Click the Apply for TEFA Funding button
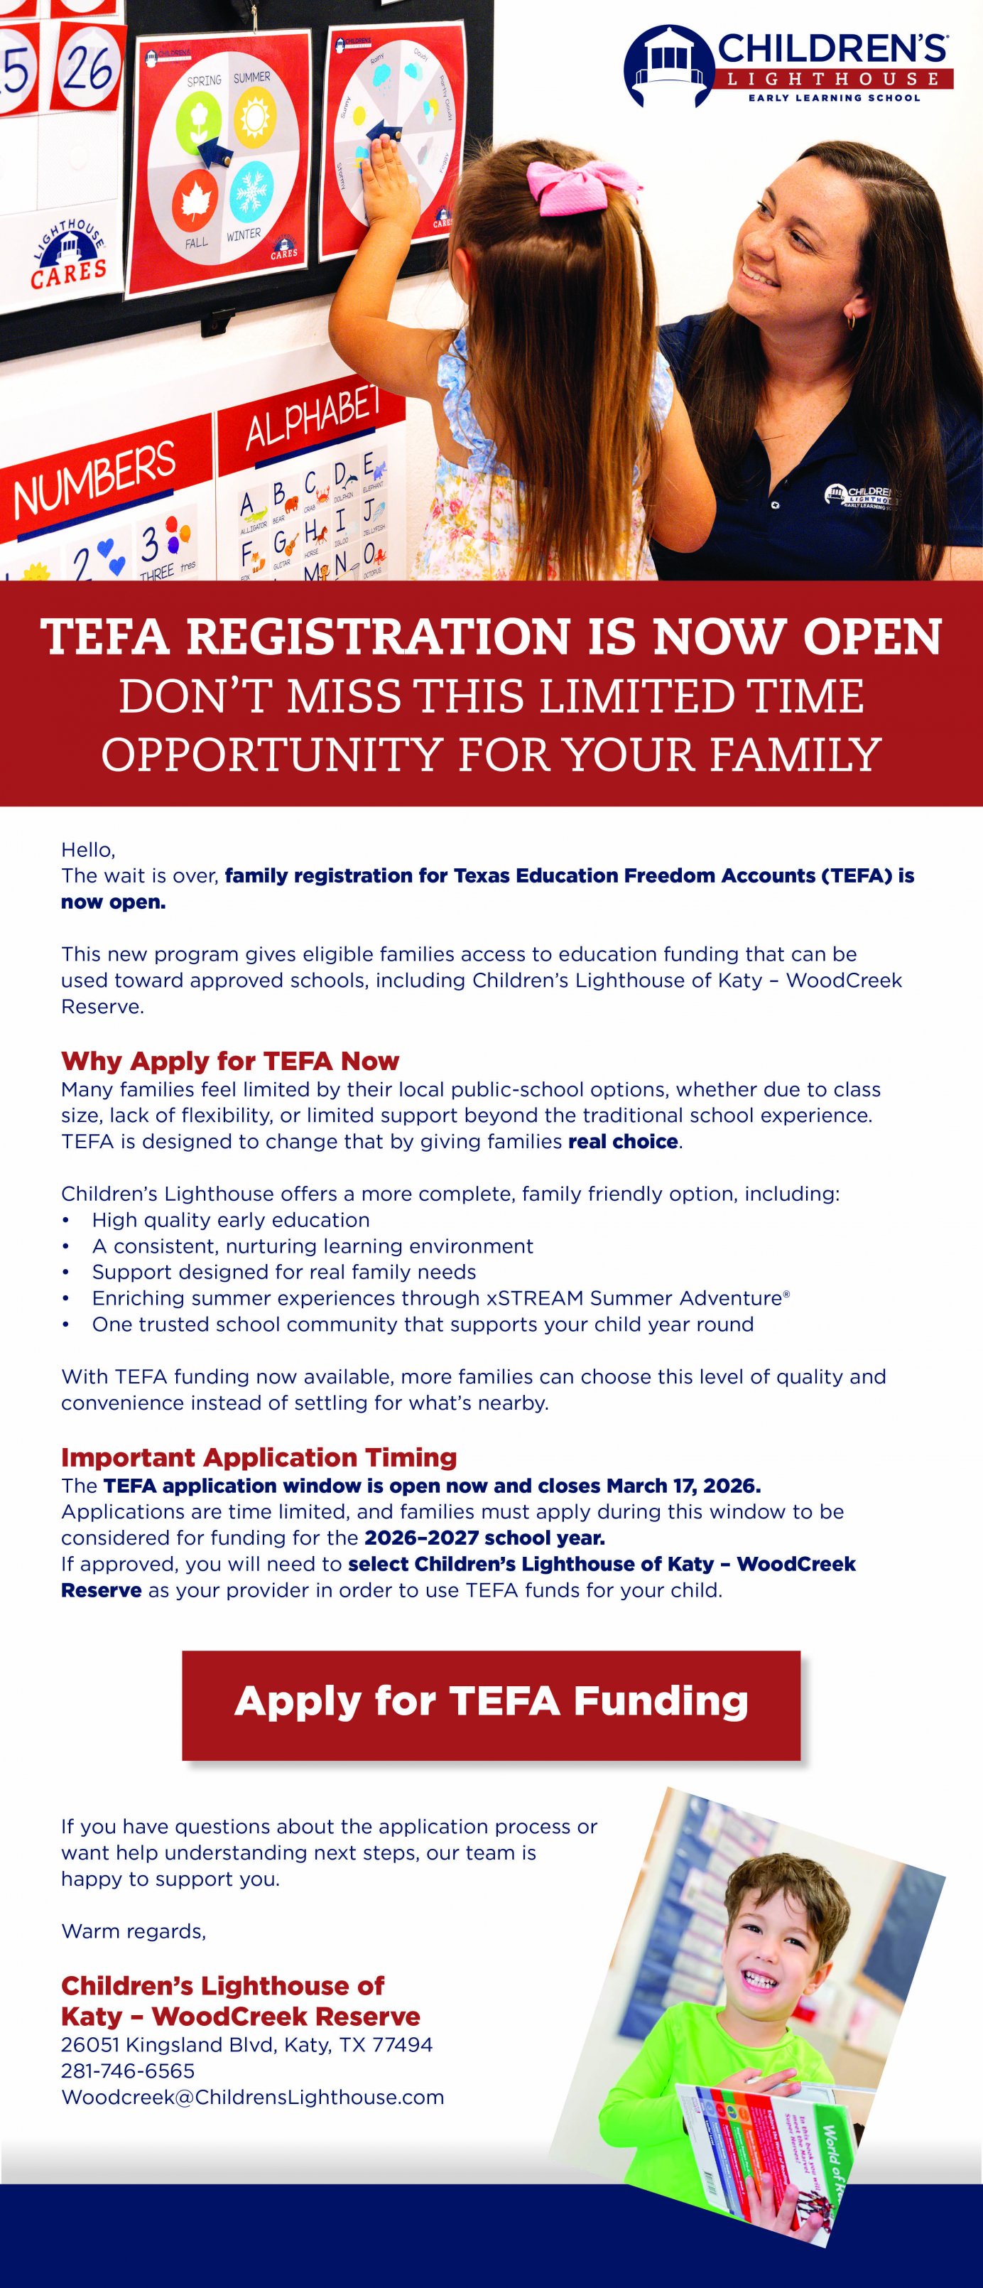[491, 1704]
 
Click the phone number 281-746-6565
[128, 2071]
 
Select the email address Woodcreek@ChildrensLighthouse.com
[252, 2097]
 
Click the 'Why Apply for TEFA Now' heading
[230, 1062]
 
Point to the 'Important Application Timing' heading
[259, 1457]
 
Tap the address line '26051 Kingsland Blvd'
[169, 2045]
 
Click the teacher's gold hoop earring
[852, 320]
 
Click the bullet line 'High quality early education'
[231, 1221]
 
